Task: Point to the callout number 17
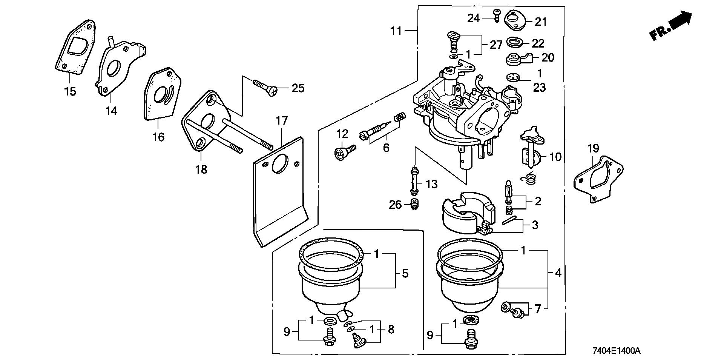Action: (x=282, y=121)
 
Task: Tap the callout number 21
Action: (x=541, y=22)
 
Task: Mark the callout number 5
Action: (x=405, y=273)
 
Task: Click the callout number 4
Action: (x=558, y=273)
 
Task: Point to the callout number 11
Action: (x=396, y=31)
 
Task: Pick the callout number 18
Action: (x=201, y=169)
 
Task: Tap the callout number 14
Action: (x=111, y=111)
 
